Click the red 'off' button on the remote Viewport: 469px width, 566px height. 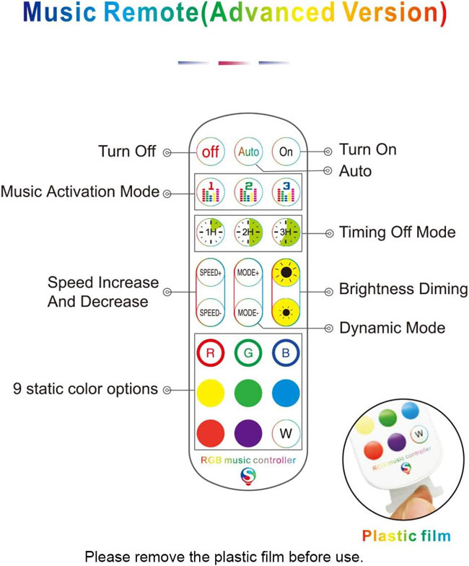(211, 152)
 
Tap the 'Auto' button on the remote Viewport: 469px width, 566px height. (248, 152)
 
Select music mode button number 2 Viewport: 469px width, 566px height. (248, 192)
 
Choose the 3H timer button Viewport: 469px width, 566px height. (286, 232)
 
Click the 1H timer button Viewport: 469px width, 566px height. (211, 232)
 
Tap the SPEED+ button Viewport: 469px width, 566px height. (211, 273)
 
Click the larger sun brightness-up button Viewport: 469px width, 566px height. (286, 273)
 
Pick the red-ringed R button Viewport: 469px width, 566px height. (211, 352)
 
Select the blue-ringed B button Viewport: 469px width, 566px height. (286, 352)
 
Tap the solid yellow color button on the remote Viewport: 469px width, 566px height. (211, 393)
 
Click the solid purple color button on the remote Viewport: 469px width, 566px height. (248, 433)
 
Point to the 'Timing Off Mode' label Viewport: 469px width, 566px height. (397, 232)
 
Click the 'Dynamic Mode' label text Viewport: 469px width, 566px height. (393, 328)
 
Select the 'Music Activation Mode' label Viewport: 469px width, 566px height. (80, 192)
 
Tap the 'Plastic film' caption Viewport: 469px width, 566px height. (407, 536)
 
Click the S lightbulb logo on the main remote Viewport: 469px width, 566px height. (248, 476)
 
